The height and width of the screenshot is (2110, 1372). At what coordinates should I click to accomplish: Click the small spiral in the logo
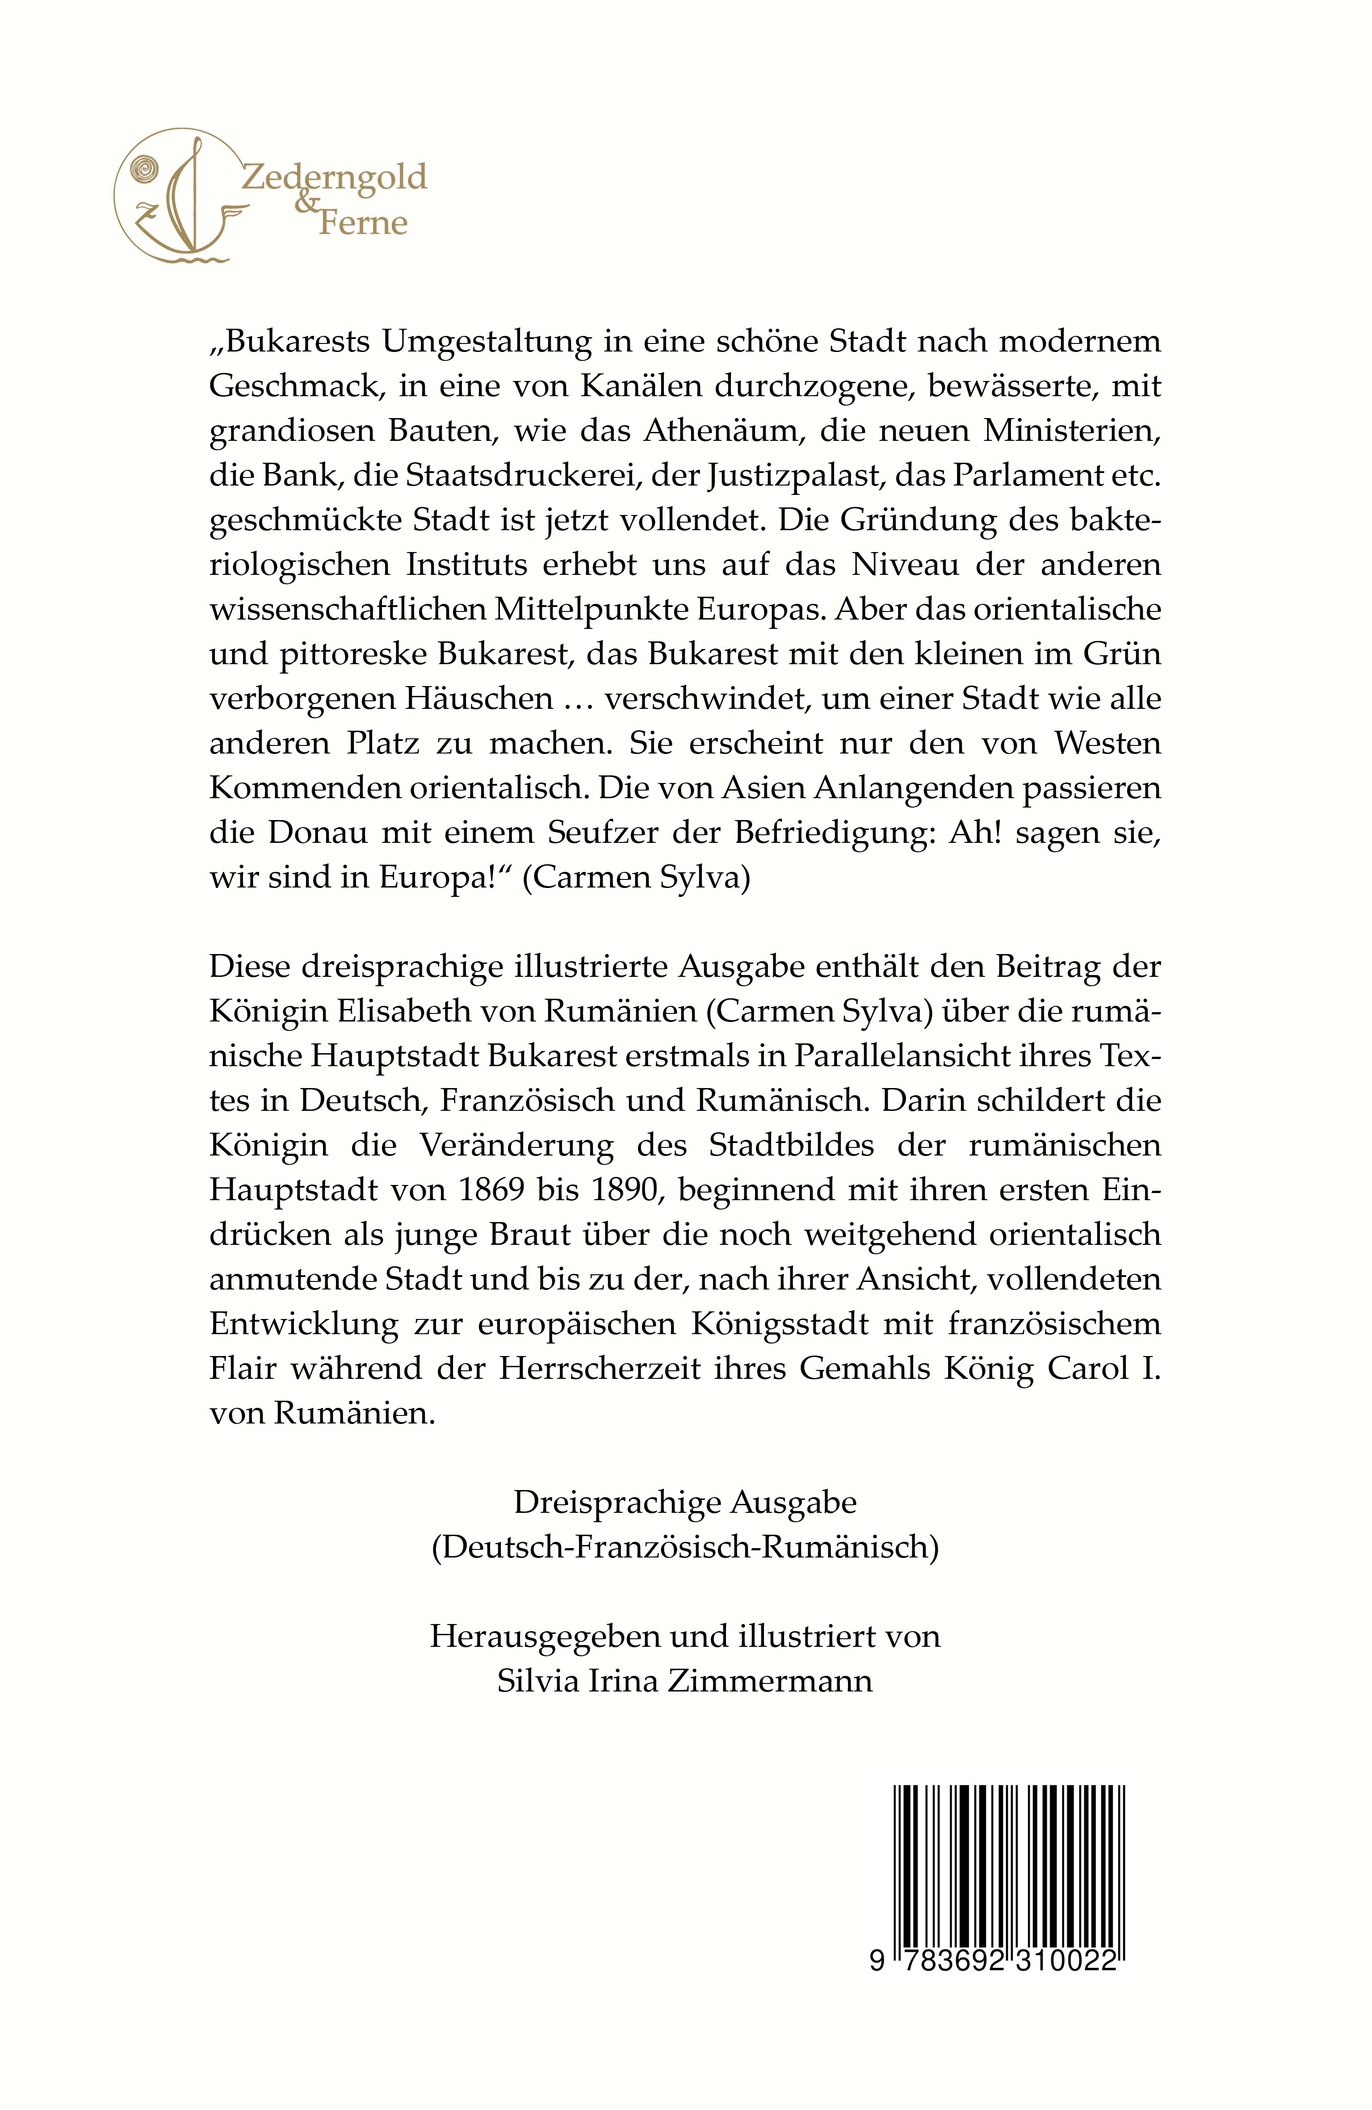(144, 168)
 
